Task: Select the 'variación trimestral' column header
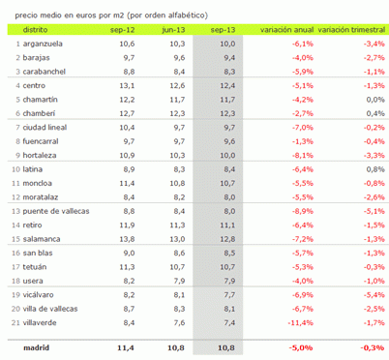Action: [352, 31]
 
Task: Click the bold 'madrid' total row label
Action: [36, 346]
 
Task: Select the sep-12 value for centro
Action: [126, 86]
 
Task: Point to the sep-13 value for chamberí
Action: [227, 113]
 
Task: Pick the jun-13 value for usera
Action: [176, 281]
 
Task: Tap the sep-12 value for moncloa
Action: [126, 182]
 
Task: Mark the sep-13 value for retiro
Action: [227, 224]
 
